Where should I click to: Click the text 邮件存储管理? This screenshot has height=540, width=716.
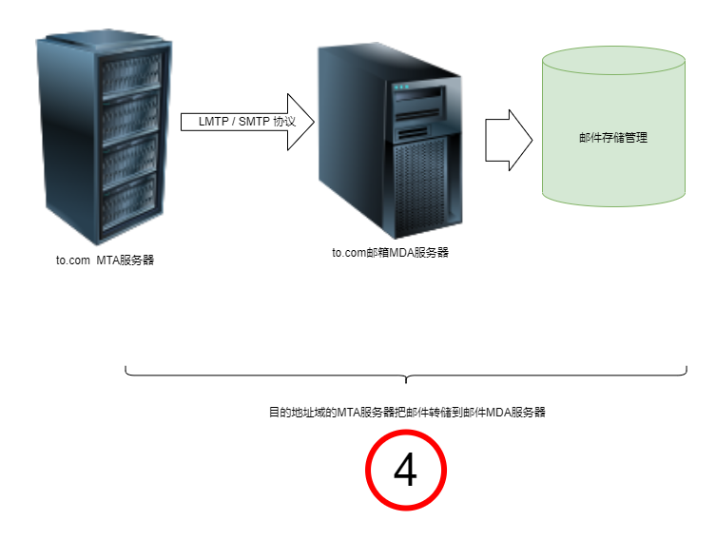point(612,138)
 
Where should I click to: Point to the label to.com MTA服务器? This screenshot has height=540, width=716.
point(105,260)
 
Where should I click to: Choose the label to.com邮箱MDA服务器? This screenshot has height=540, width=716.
point(390,253)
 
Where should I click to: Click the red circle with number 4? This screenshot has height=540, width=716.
point(406,471)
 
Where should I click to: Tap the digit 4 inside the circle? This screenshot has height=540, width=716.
point(406,471)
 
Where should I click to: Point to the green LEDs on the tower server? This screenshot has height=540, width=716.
point(401,88)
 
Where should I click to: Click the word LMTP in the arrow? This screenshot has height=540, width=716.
point(213,123)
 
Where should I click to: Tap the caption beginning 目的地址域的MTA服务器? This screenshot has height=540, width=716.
point(406,413)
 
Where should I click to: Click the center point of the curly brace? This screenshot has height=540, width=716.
point(406,378)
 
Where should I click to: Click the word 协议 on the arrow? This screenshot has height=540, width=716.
point(284,123)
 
